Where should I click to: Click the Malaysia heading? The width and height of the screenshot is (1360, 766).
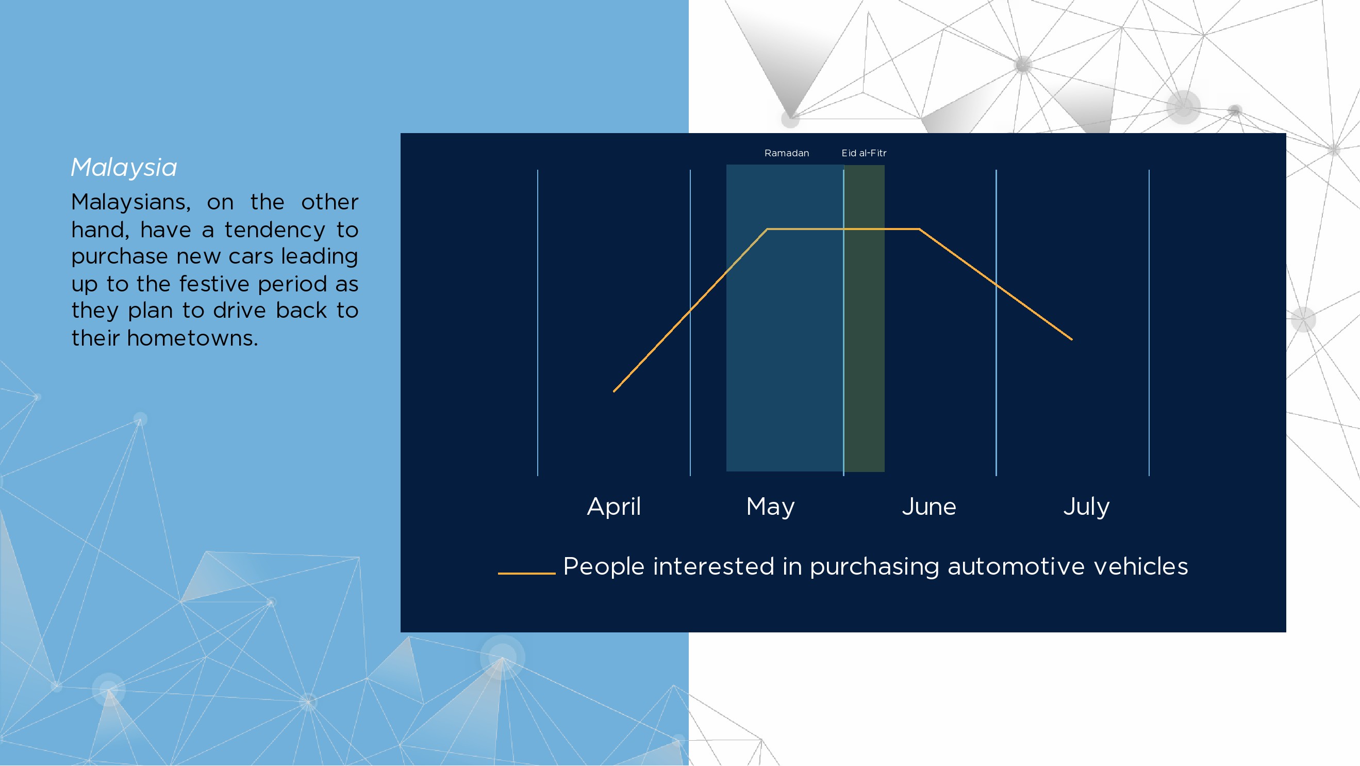click(124, 168)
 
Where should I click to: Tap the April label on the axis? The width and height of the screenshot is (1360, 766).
click(614, 507)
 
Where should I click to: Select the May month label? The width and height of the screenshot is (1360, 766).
click(770, 507)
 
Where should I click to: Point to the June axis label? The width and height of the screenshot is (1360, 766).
click(928, 507)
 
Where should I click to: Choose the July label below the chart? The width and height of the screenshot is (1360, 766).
click(1087, 507)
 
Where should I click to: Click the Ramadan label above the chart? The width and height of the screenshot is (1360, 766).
click(787, 153)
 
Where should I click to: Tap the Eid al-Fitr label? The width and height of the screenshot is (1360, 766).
click(864, 153)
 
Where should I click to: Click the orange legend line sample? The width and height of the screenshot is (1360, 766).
click(526, 573)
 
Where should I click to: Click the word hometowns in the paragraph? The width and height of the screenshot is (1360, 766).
click(192, 338)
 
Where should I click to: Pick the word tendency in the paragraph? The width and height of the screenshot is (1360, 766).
click(275, 231)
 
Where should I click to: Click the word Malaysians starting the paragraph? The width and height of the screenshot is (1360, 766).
click(131, 202)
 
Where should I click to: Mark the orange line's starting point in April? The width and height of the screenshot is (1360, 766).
click(614, 392)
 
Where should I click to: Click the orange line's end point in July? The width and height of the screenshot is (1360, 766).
click(1072, 339)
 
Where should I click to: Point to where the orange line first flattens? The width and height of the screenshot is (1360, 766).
click(767, 229)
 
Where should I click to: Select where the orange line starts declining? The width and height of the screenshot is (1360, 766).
click(920, 229)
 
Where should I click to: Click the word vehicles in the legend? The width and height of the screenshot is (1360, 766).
click(1141, 566)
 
